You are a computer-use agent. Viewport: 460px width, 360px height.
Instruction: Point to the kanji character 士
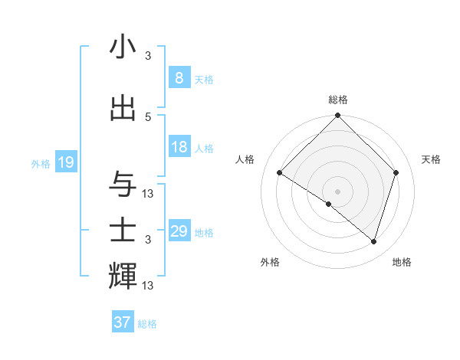click(x=123, y=230)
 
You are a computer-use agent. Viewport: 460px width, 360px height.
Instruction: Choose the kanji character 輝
click(x=123, y=276)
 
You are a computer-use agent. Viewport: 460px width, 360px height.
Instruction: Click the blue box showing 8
click(x=179, y=77)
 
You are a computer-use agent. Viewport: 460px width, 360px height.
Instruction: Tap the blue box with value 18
click(x=179, y=147)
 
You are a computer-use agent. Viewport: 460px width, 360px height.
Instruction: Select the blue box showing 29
click(x=179, y=231)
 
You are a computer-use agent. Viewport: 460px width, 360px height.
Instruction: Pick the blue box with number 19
click(x=65, y=162)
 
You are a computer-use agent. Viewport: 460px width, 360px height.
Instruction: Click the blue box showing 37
click(x=122, y=322)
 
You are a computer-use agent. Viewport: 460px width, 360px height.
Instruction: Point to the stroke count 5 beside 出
click(x=148, y=116)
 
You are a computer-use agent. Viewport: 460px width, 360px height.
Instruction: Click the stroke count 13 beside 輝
click(x=148, y=285)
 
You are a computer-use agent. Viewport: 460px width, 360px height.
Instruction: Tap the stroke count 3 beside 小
click(x=148, y=55)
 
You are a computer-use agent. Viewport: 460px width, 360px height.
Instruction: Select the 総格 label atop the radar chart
click(x=337, y=100)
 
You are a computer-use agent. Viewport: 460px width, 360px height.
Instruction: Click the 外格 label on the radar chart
click(x=270, y=262)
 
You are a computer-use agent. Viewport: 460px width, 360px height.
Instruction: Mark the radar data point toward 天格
click(x=396, y=172)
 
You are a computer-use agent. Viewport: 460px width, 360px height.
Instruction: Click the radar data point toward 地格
click(x=373, y=241)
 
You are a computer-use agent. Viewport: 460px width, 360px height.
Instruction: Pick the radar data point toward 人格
click(x=280, y=172)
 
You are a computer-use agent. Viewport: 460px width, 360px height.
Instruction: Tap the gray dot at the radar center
click(x=337, y=191)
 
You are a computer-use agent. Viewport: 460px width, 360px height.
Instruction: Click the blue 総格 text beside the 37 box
click(x=147, y=324)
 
